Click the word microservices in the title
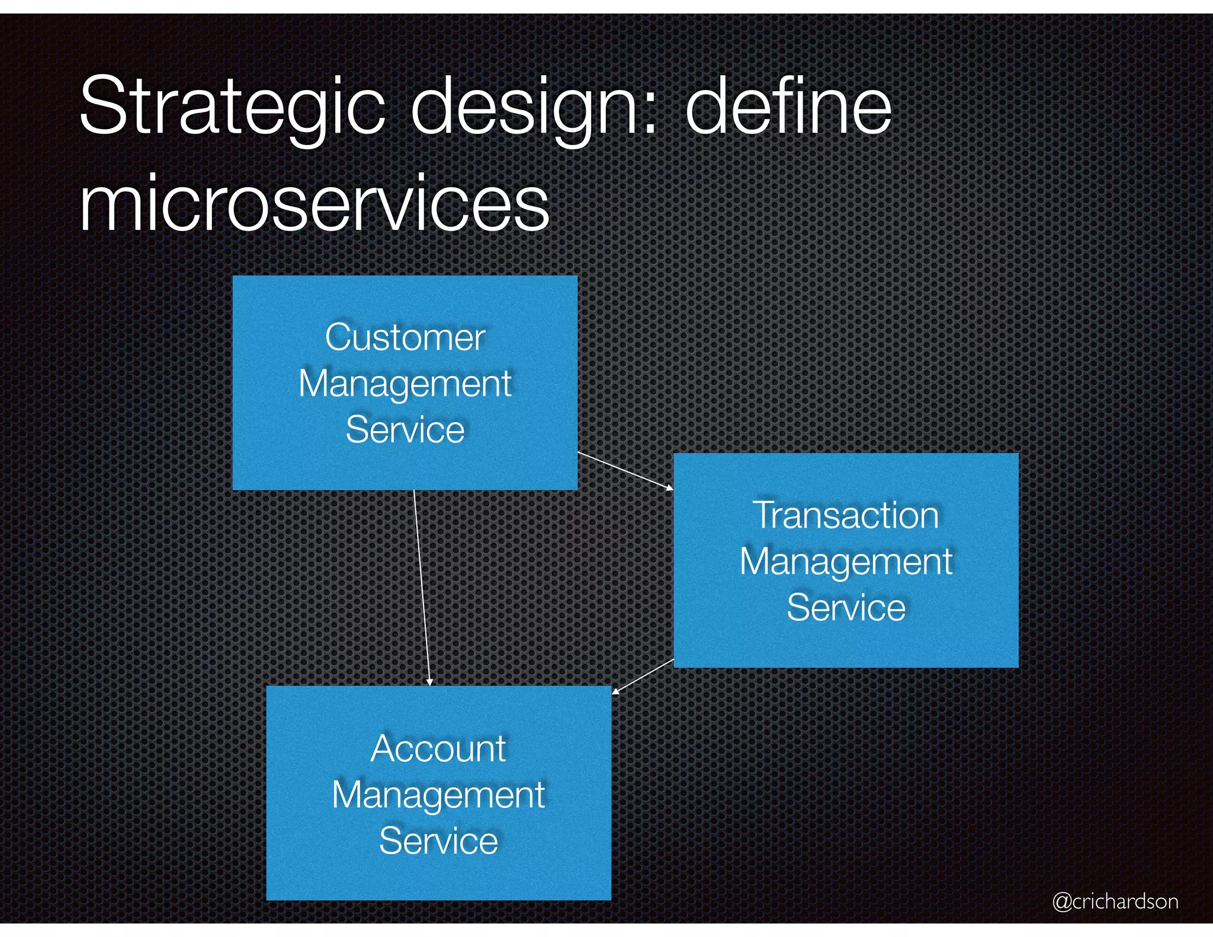coord(315,204)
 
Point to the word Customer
coord(405,338)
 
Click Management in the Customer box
coord(405,384)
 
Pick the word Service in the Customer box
coord(405,429)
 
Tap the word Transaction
coord(846,515)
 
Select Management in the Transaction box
coord(846,561)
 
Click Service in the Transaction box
coord(846,608)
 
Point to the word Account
coord(438,749)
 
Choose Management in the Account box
coord(438,795)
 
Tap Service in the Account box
coord(438,841)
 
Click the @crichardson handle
coord(1115,901)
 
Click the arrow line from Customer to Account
coord(421,586)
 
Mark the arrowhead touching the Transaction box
coord(670,488)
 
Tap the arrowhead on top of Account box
coord(430,682)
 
